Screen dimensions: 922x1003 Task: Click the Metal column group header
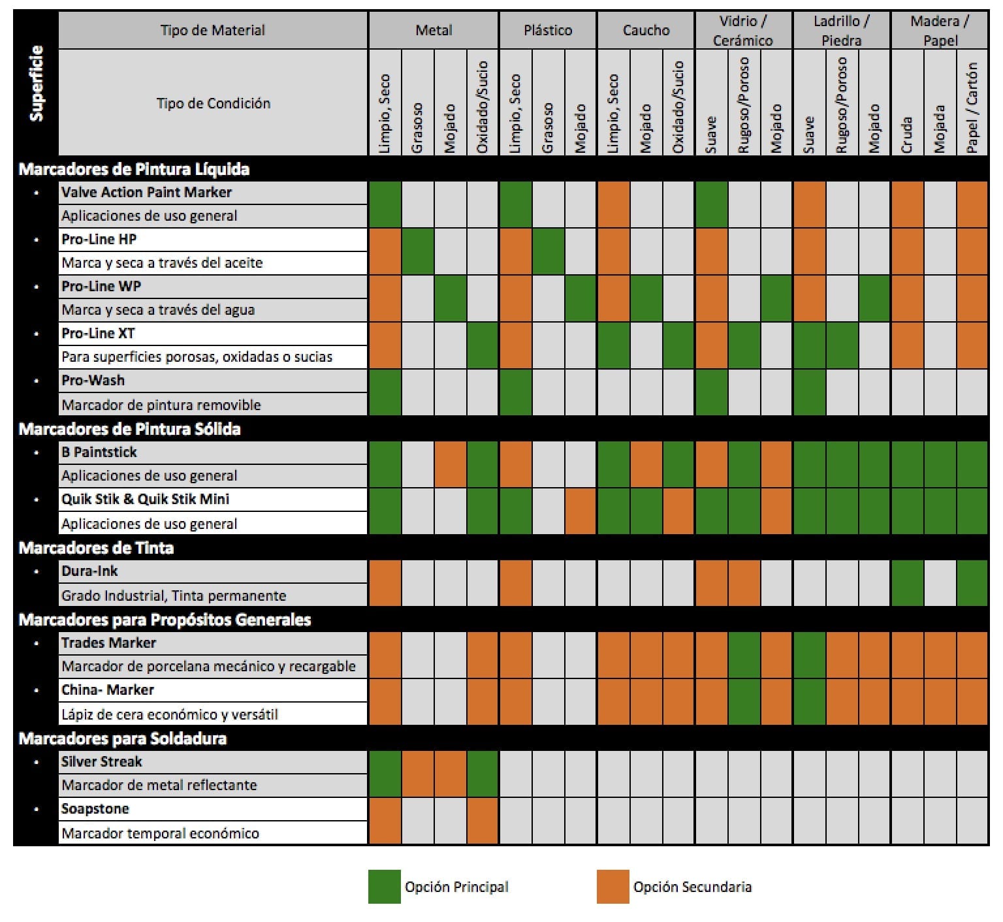[434, 30]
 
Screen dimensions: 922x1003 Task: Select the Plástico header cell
[547, 30]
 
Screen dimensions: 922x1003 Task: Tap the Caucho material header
[645, 30]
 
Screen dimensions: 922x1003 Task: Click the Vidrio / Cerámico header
[742, 31]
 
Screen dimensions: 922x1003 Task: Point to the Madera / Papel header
[939, 31]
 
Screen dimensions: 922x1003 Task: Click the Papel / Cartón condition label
[972, 108]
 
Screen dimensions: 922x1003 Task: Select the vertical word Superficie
[37, 83]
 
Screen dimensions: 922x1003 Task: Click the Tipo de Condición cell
[213, 103]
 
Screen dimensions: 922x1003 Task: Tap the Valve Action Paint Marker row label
[146, 192]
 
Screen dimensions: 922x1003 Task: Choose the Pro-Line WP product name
[101, 286]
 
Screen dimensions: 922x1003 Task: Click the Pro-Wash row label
[93, 380]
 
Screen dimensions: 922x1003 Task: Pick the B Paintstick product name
[99, 452]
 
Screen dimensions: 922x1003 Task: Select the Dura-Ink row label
[89, 571]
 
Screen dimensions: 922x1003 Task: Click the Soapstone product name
[95, 808]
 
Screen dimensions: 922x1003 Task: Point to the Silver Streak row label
[101, 761]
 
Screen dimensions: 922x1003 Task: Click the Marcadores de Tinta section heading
[96, 547]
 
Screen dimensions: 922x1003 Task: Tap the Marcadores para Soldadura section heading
[123, 739]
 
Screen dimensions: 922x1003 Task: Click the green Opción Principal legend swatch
[384, 886]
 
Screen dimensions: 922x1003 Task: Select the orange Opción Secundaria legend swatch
[613, 886]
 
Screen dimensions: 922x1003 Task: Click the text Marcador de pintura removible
[161, 405]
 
